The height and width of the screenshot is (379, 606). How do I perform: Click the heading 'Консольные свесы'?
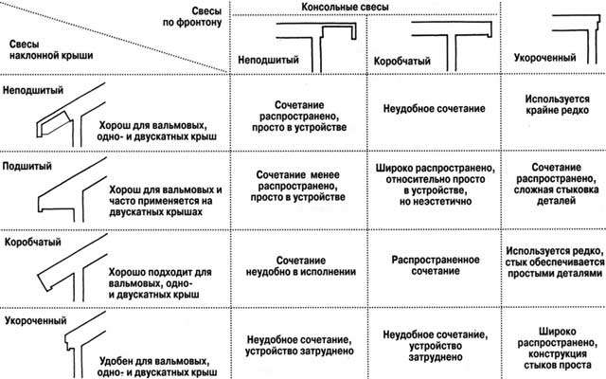[x=345, y=7]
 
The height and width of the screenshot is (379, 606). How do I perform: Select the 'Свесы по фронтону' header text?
[x=192, y=17]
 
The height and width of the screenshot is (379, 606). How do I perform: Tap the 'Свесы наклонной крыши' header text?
[x=51, y=49]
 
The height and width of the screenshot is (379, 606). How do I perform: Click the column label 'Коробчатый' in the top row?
[x=401, y=61]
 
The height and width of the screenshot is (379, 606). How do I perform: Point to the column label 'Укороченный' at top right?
[x=545, y=58]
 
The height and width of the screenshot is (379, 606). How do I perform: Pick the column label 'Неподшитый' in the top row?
[x=268, y=60]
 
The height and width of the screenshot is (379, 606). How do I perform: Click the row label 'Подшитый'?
[x=27, y=167]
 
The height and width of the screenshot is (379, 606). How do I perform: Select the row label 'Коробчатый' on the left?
[x=33, y=243]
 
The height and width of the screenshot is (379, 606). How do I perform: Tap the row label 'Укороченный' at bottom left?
[x=36, y=320]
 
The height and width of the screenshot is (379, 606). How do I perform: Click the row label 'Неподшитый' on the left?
[x=33, y=90]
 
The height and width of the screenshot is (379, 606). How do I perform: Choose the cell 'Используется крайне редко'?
[x=557, y=104]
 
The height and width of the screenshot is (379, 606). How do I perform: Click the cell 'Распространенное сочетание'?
[x=436, y=265]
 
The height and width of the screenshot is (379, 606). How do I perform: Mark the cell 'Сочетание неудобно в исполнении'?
[x=301, y=266]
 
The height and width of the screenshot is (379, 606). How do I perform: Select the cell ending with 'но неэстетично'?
[x=436, y=185]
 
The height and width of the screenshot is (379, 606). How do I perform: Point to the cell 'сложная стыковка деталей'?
[x=556, y=184]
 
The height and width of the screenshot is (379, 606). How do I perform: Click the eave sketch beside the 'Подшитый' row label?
[x=72, y=189]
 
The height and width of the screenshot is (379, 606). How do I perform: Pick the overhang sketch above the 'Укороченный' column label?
[x=576, y=39]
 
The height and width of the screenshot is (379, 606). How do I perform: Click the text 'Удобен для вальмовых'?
[x=154, y=362]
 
